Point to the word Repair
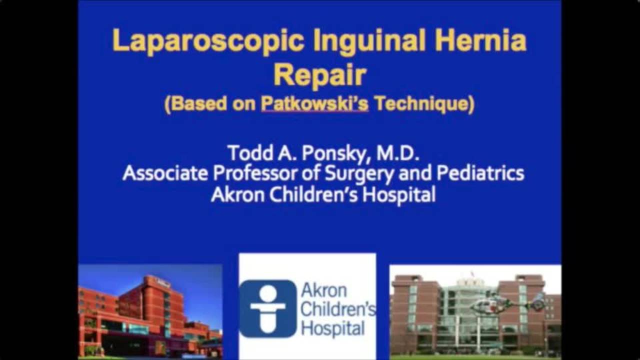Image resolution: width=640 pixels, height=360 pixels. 320,74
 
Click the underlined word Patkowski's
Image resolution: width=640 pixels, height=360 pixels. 314,103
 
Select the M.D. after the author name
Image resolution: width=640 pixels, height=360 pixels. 398,153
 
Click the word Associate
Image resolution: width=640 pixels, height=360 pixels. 165,173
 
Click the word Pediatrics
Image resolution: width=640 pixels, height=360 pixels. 480,173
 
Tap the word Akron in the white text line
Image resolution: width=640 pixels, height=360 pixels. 237,194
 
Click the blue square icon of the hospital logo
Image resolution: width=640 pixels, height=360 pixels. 268,308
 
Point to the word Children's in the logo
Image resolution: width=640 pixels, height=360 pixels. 338,309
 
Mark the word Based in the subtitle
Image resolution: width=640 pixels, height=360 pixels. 199,103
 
